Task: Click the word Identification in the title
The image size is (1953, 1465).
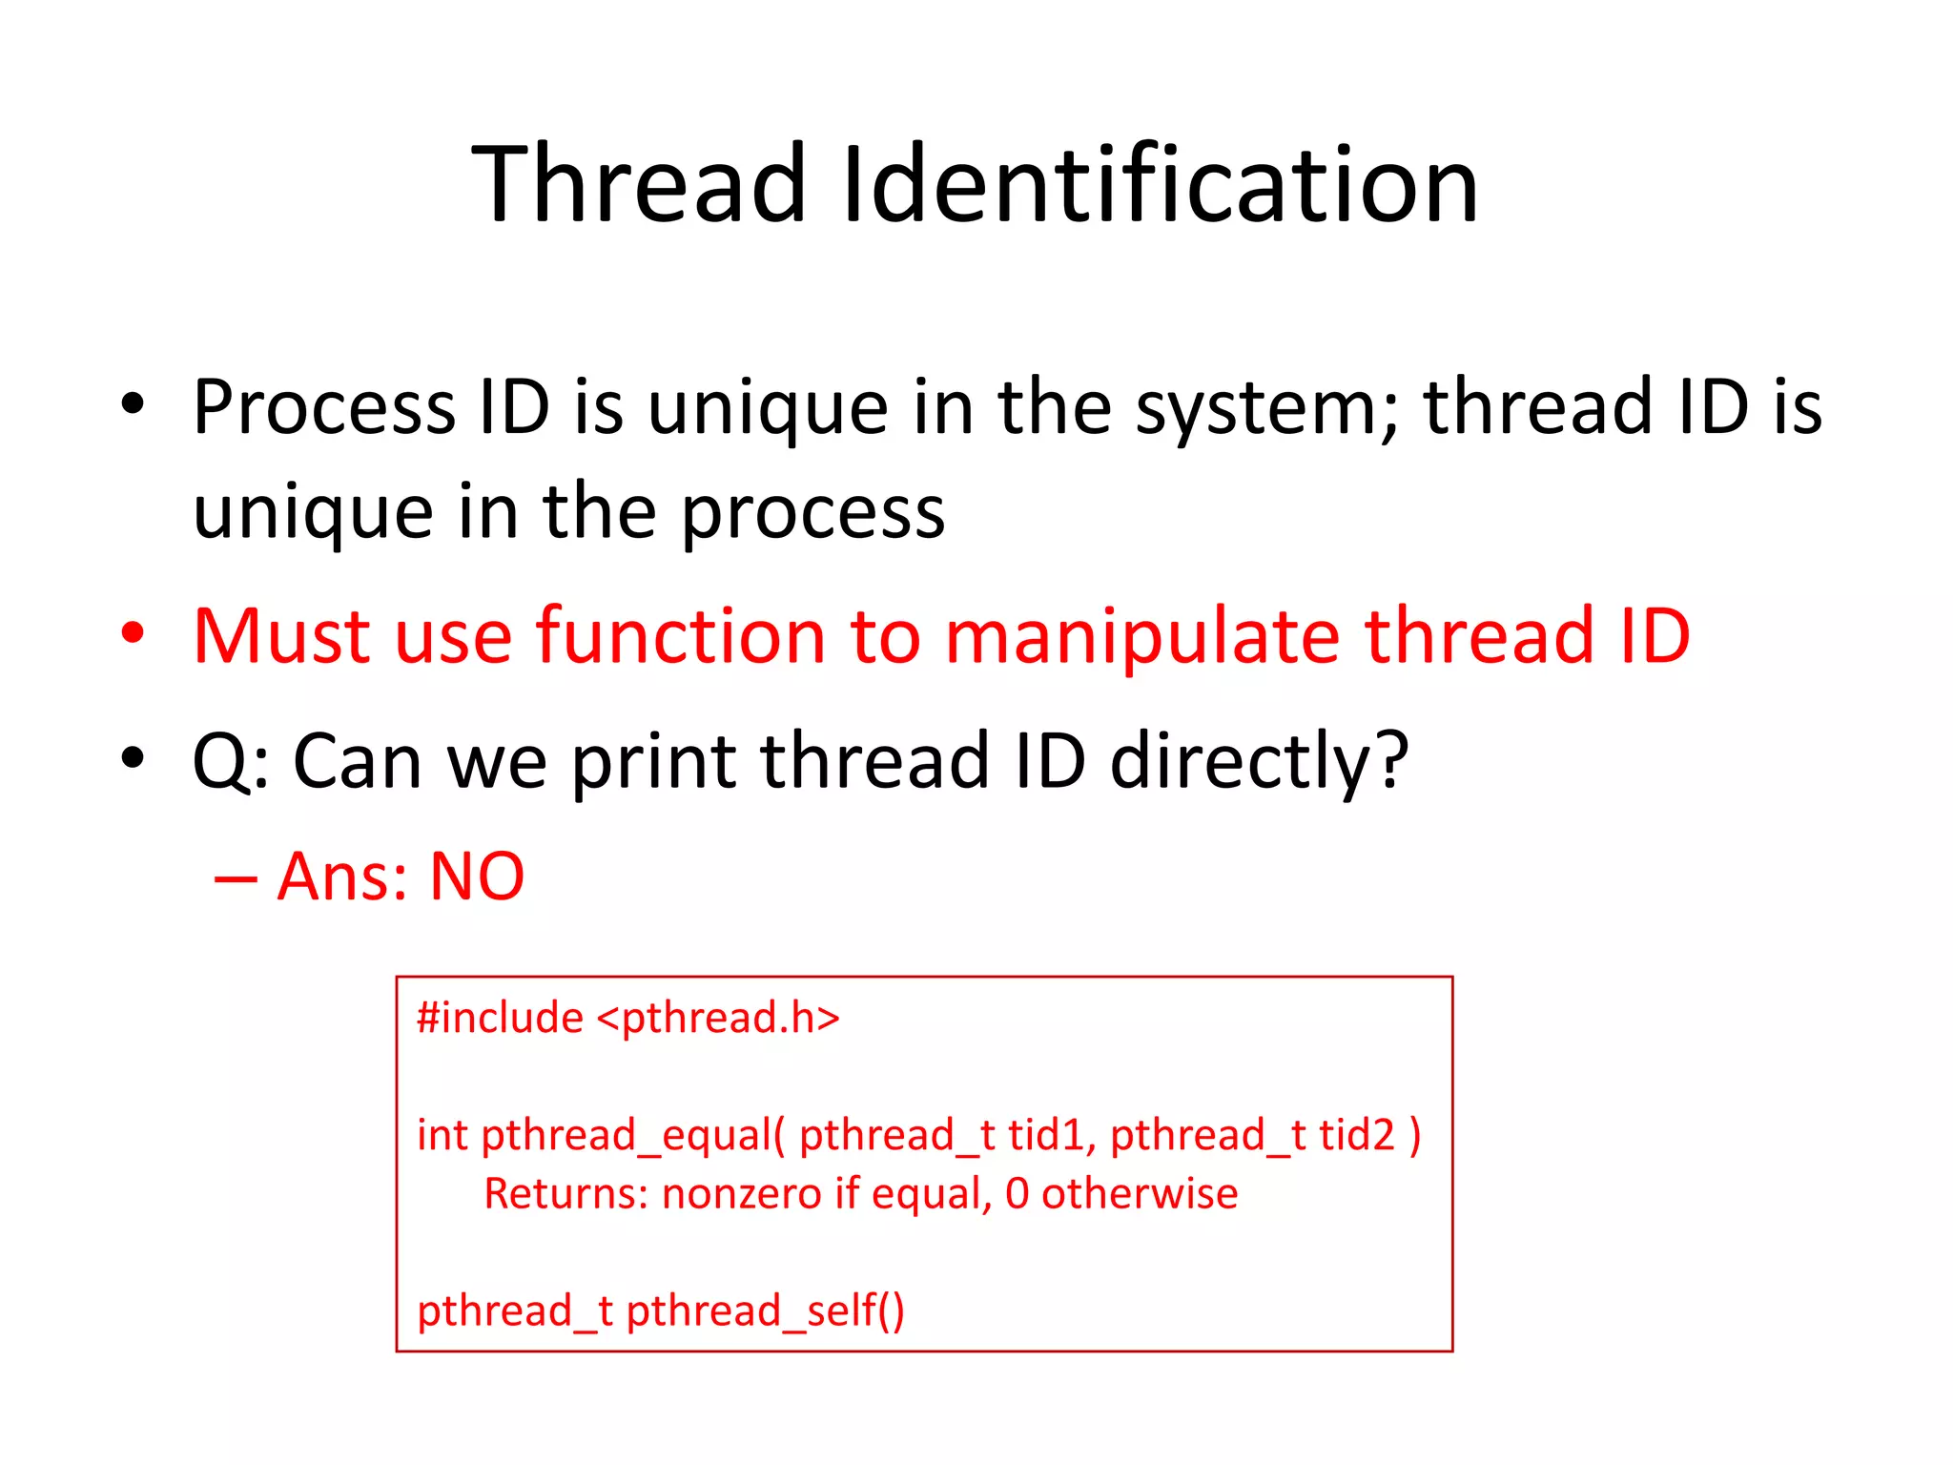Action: [1161, 183]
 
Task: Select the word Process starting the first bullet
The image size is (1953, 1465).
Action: [324, 408]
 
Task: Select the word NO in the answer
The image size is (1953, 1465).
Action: [477, 877]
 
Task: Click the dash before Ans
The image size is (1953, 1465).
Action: [236, 878]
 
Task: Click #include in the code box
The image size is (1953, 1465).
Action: [500, 1018]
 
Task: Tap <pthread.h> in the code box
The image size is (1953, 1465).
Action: [718, 1018]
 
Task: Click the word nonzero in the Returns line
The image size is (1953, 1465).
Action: [742, 1194]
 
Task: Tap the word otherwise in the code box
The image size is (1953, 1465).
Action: [1140, 1194]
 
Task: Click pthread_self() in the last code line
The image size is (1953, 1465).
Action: [765, 1310]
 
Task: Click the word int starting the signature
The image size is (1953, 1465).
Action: [442, 1135]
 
